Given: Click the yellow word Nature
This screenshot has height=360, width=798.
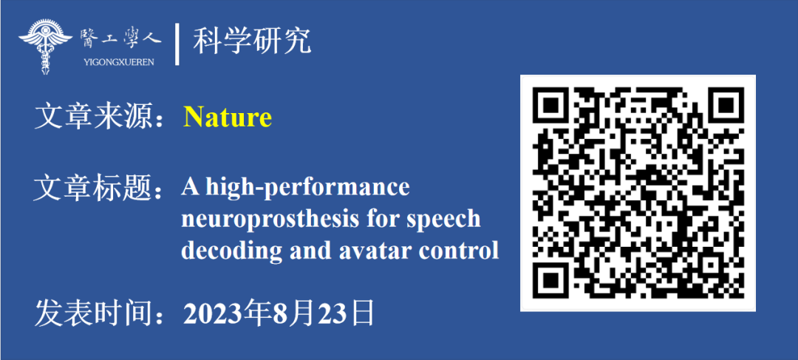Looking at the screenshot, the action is tap(228, 118).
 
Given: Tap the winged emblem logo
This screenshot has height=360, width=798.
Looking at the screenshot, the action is tap(45, 47).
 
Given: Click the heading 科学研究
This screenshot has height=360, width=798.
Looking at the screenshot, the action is tap(251, 41).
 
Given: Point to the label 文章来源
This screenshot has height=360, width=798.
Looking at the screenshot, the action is tap(93, 118).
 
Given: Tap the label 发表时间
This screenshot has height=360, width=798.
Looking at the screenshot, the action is tap(93, 313).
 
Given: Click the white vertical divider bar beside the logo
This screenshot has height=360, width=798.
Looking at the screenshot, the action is tap(177, 44).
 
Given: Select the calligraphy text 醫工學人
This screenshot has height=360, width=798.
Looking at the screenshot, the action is tap(120, 39).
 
